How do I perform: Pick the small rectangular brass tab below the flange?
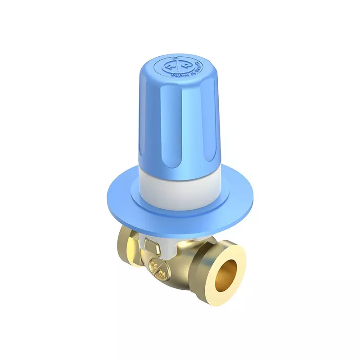pyautogui.click(x=150, y=245)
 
